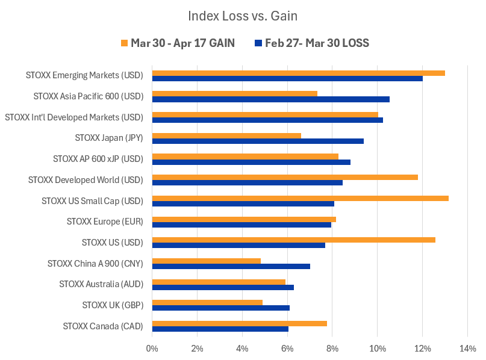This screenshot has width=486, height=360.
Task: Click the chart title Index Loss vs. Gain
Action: coord(243,16)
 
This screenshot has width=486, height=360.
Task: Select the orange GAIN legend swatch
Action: coord(125,43)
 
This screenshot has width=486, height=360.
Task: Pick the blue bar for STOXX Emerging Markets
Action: coord(287,79)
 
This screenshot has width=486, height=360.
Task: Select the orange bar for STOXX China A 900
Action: coord(206,261)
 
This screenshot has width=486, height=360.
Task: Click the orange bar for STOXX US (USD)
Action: coord(293,240)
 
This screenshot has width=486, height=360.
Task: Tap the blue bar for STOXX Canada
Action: coord(220,329)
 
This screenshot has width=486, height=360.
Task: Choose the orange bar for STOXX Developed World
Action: coord(285,177)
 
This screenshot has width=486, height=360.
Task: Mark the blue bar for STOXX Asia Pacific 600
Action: coord(270,99)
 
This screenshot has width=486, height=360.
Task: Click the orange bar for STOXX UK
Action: coord(207,302)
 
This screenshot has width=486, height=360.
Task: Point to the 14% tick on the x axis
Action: coord(467,348)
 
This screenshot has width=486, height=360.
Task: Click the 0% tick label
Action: coord(152,348)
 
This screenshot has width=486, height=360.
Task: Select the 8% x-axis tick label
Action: coord(332,348)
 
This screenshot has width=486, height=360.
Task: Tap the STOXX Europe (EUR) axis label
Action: coord(105,222)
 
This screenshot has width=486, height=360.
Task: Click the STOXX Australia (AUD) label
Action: coord(101,284)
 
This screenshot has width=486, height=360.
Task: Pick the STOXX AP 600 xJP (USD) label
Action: coord(98,159)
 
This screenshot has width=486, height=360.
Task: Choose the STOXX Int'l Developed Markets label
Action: coord(73,117)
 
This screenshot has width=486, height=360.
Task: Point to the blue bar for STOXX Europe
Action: coord(241,225)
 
